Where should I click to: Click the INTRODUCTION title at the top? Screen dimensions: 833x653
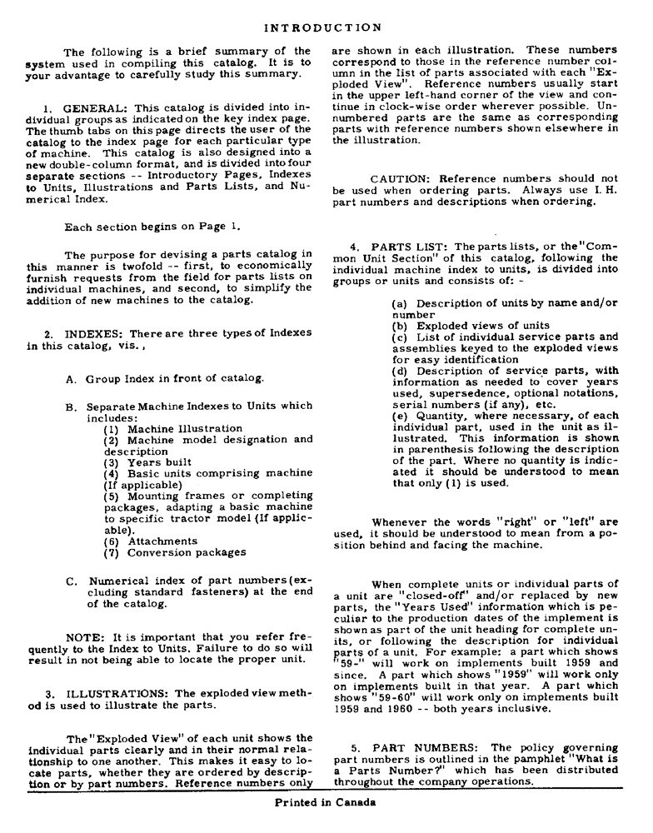323,27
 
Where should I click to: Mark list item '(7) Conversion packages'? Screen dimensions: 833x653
175,552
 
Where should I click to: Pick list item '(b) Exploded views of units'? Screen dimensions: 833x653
471,326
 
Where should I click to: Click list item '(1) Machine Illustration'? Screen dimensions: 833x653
173,428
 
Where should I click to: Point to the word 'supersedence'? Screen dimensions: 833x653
481,393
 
